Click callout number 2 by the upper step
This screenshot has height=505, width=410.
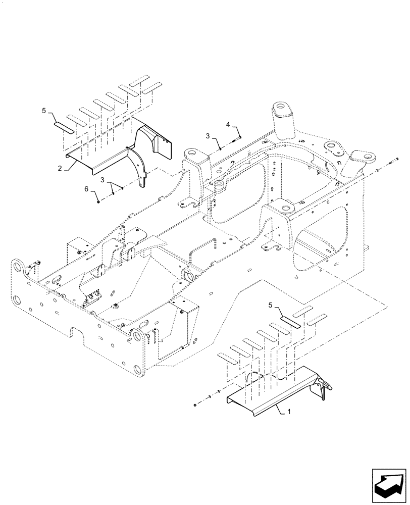(60, 169)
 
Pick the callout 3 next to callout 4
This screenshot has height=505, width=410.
(208, 136)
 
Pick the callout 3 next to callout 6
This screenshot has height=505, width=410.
(103, 180)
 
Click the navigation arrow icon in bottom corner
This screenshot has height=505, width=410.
(388, 483)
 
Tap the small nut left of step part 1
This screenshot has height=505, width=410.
(195, 405)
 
